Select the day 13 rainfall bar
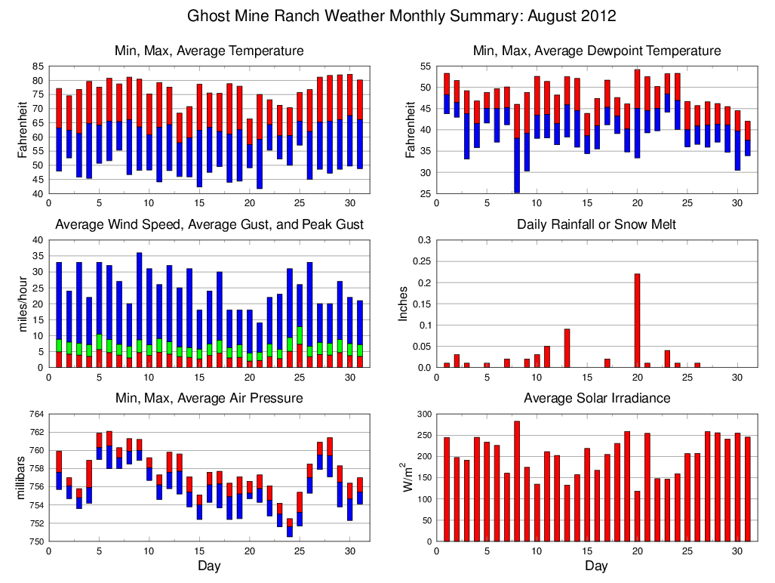coord(567,348)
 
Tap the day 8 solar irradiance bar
coord(517,481)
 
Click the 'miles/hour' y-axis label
coord(22,304)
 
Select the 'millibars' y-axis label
coord(22,477)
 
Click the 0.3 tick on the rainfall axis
coord(423,240)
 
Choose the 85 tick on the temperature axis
coord(38,66)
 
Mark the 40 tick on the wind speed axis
coord(38,240)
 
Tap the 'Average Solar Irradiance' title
coord(596,398)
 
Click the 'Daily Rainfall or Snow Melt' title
coord(596,224)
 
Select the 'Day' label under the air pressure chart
coord(209,566)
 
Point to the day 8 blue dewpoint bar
coord(517,165)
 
